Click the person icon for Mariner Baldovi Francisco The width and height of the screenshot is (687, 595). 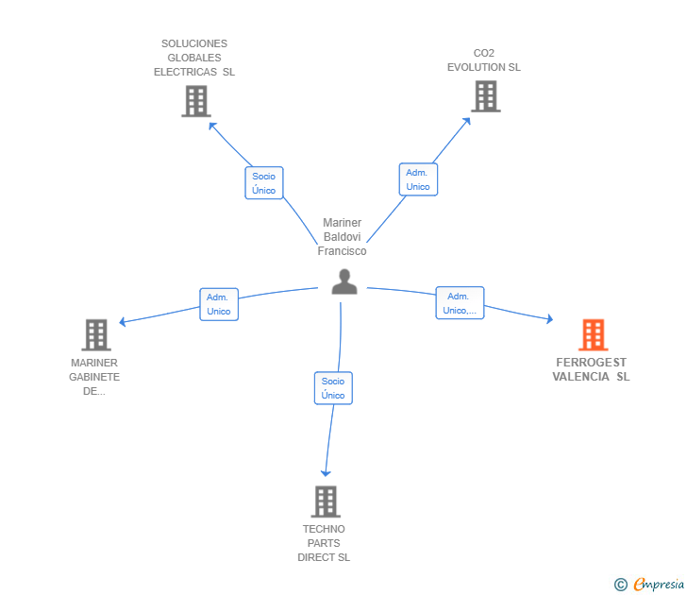point(344,281)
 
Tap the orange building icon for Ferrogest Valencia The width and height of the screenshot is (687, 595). point(594,334)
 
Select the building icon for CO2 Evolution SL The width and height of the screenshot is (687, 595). point(486,96)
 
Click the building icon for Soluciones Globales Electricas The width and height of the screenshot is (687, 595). point(196,101)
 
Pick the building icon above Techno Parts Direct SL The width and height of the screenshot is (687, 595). point(326,501)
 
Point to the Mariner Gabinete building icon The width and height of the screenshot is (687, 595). point(96,334)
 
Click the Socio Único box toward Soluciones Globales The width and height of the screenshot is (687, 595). point(264,183)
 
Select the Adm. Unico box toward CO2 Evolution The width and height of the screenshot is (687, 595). point(418,179)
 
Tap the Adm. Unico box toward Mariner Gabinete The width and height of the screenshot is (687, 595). point(219,304)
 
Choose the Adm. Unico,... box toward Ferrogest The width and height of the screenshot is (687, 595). point(460,303)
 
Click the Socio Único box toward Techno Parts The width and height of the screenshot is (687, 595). point(333,388)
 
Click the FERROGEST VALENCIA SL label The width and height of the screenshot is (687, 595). point(591,369)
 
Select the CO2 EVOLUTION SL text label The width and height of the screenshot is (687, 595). point(484,60)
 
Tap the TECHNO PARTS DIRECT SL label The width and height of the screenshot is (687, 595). point(324,543)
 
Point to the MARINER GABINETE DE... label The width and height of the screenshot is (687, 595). point(94,377)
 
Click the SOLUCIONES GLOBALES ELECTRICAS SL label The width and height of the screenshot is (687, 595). point(194,58)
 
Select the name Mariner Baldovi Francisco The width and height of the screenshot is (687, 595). point(343,237)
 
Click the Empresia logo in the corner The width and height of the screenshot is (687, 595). point(649,584)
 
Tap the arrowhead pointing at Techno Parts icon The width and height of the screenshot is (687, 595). point(326,473)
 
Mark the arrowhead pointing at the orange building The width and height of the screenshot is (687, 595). point(549,319)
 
